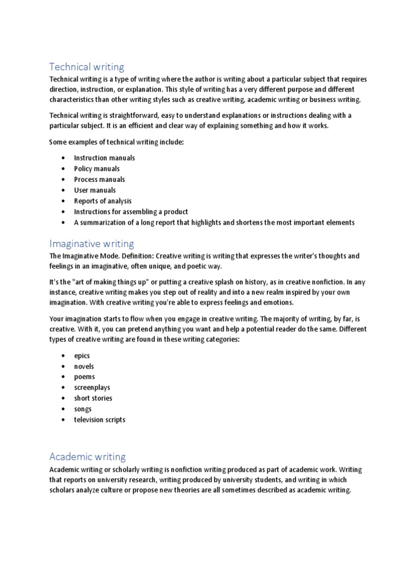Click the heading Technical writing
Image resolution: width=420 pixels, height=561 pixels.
point(86,67)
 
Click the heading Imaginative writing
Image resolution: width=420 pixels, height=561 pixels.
point(91,243)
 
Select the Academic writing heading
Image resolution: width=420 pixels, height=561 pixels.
point(87,456)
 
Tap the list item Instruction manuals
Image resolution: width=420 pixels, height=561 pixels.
point(104,158)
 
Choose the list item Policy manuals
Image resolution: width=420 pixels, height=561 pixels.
point(97,169)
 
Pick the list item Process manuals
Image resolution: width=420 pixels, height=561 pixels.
point(100,179)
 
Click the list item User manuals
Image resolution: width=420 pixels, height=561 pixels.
point(95,190)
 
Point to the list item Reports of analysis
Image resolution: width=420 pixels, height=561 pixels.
point(103,201)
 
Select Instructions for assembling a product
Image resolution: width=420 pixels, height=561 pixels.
point(131,211)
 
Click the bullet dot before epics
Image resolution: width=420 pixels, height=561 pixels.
point(64,356)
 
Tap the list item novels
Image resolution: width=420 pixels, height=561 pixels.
point(84,367)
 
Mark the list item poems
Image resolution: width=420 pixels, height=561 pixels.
point(85,377)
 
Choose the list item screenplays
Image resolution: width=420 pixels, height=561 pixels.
point(92,387)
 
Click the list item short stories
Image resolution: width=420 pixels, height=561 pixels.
point(94,398)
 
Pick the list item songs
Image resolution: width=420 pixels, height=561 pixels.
point(83,409)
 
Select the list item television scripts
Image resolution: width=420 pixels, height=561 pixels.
point(100,420)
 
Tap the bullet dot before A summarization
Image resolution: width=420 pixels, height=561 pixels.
point(64,222)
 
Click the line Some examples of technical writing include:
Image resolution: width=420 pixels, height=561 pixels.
point(117,142)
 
